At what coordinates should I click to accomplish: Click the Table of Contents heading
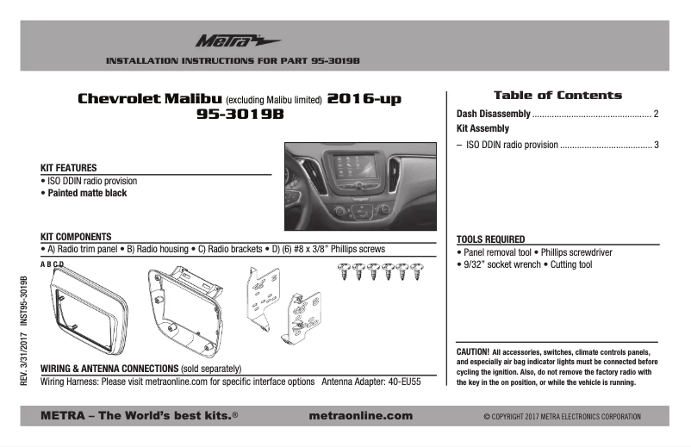(x=557, y=95)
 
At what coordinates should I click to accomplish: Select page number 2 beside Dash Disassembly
(x=657, y=114)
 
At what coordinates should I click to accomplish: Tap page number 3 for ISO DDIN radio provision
(x=657, y=145)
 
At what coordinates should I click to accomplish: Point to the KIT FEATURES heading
(x=68, y=167)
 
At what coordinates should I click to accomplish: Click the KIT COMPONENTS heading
(x=76, y=236)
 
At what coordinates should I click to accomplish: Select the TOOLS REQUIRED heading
(x=490, y=239)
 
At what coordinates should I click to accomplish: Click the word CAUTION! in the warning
(x=472, y=351)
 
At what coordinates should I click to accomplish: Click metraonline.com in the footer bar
(x=359, y=416)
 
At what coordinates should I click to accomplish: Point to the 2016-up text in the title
(x=364, y=99)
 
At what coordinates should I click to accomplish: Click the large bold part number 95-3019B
(x=240, y=116)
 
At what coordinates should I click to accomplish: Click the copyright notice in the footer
(x=563, y=417)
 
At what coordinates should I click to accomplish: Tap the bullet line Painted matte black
(x=84, y=193)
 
